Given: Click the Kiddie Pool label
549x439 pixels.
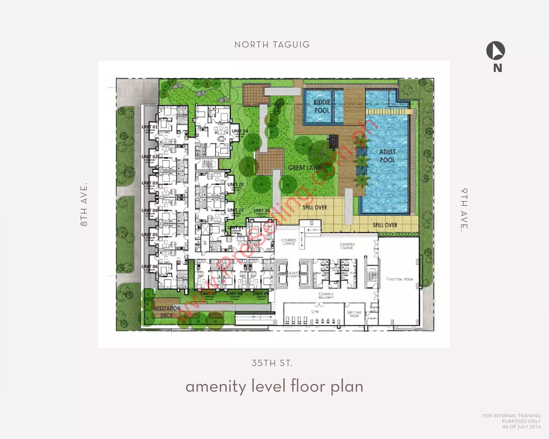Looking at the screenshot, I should click(322, 106).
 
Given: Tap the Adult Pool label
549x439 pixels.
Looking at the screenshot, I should click(387, 156).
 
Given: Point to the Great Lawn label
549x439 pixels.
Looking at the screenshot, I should click(304, 168).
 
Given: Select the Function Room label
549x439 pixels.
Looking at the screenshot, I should click(399, 279).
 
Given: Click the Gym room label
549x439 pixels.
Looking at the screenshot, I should click(315, 312).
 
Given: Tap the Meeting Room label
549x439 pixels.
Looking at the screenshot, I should click(354, 314).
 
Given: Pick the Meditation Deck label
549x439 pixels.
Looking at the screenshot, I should click(167, 312).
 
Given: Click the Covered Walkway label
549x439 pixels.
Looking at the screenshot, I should click(326, 296).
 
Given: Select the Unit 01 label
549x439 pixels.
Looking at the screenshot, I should click(150, 127).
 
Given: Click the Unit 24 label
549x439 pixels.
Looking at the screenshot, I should click(240, 131).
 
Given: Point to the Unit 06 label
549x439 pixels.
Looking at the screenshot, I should click(150, 266).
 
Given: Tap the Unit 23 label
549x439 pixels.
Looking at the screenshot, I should click(235, 184).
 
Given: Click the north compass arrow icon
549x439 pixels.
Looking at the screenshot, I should click(496, 51).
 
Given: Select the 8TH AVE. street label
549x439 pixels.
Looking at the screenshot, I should click(84, 204).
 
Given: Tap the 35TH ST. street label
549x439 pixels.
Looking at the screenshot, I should click(272, 363).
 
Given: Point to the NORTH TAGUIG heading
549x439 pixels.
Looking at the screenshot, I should click(272, 44).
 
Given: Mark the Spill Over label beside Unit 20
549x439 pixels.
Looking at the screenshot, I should click(315, 207).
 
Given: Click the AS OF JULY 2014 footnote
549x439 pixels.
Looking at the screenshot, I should click(521, 427).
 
